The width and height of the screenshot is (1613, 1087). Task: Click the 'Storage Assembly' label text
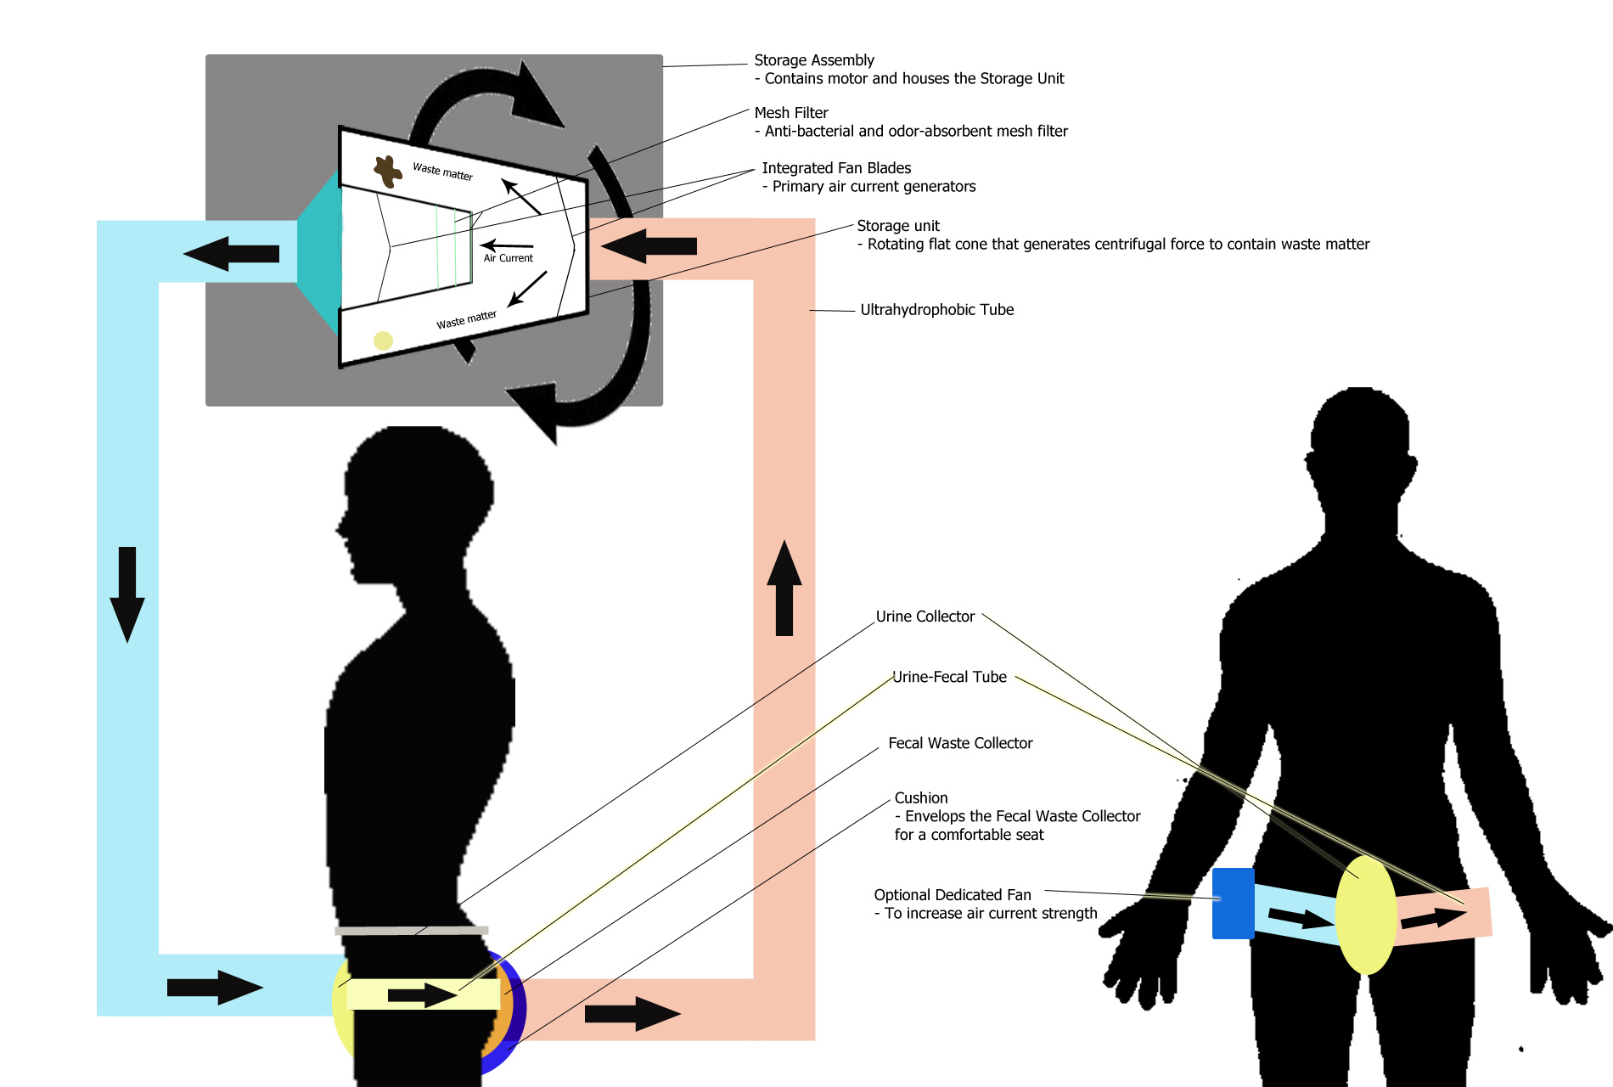pyautogui.click(x=813, y=60)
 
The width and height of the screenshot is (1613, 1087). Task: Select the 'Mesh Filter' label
pyautogui.click(x=790, y=113)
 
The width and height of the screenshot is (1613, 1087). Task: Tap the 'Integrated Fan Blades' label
pyautogui.click(x=835, y=168)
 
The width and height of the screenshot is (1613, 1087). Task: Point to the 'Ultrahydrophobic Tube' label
pyautogui.click(x=936, y=310)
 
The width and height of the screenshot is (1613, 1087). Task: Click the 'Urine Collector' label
pyautogui.click(x=925, y=617)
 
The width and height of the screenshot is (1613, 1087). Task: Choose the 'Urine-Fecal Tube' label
pyautogui.click(x=949, y=677)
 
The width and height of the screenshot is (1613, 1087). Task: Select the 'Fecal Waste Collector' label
pyautogui.click(x=959, y=743)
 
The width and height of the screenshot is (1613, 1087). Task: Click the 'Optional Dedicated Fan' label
pyautogui.click(x=952, y=895)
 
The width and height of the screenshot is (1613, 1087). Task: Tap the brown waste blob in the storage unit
pyautogui.click(x=388, y=171)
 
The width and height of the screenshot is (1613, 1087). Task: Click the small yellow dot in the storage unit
pyautogui.click(x=383, y=341)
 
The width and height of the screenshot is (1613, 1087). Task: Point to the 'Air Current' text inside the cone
pyautogui.click(x=508, y=258)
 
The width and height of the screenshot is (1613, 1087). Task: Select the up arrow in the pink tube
pyautogui.click(x=784, y=589)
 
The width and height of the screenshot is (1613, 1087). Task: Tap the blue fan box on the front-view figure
pyautogui.click(x=1233, y=903)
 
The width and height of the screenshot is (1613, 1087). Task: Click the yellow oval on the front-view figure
pyautogui.click(x=1365, y=915)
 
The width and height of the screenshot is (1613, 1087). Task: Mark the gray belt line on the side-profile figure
pyautogui.click(x=412, y=931)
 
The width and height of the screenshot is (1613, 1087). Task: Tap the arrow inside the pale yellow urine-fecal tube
pyautogui.click(x=423, y=994)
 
